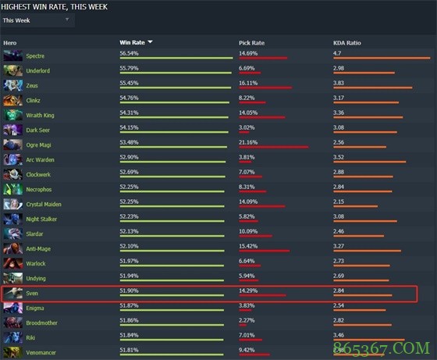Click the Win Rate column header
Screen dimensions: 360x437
coord(133,42)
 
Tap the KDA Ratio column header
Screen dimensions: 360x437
coord(347,42)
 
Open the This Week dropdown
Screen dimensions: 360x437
coord(38,20)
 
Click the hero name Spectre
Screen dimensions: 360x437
coord(35,55)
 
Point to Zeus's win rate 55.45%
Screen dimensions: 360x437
coord(130,82)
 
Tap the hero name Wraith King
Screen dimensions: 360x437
coord(41,115)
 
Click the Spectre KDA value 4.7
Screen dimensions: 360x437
coord(337,53)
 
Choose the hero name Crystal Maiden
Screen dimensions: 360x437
coord(44,204)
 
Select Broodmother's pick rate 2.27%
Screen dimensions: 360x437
coord(247,319)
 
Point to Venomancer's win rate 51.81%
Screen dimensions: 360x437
coord(130,349)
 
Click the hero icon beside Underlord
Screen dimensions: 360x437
coord(12,70)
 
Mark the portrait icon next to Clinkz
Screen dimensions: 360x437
coord(12,100)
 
